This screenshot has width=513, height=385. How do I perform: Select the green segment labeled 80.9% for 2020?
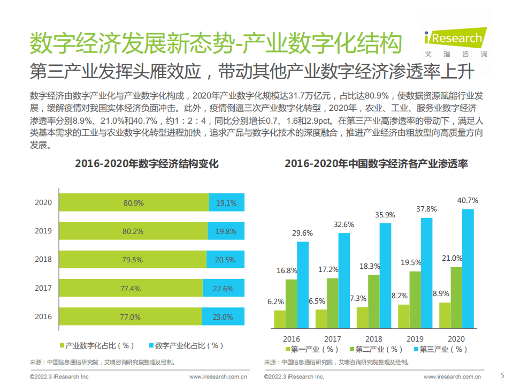click(134, 203)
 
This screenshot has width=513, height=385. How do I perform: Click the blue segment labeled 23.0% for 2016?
click(223, 316)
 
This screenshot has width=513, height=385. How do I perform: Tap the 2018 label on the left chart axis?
click(43, 259)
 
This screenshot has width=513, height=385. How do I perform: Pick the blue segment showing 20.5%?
click(225, 260)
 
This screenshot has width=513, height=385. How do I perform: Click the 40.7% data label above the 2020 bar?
click(468, 200)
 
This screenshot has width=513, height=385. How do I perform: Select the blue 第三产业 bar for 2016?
click(303, 284)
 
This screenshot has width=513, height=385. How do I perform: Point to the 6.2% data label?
click(275, 301)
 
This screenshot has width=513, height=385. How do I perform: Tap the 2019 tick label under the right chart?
click(415, 339)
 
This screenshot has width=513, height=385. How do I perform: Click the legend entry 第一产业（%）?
click(311, 349)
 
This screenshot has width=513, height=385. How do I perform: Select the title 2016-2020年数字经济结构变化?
click(147, 164)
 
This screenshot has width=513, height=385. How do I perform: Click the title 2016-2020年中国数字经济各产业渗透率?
click(376, 164)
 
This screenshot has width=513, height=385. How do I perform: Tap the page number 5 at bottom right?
click(502, 375)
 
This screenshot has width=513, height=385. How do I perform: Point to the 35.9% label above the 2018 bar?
click(385, 215)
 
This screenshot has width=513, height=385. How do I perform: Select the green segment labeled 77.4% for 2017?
click(131, 288)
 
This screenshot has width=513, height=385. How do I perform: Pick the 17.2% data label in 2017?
click(328, 269)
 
